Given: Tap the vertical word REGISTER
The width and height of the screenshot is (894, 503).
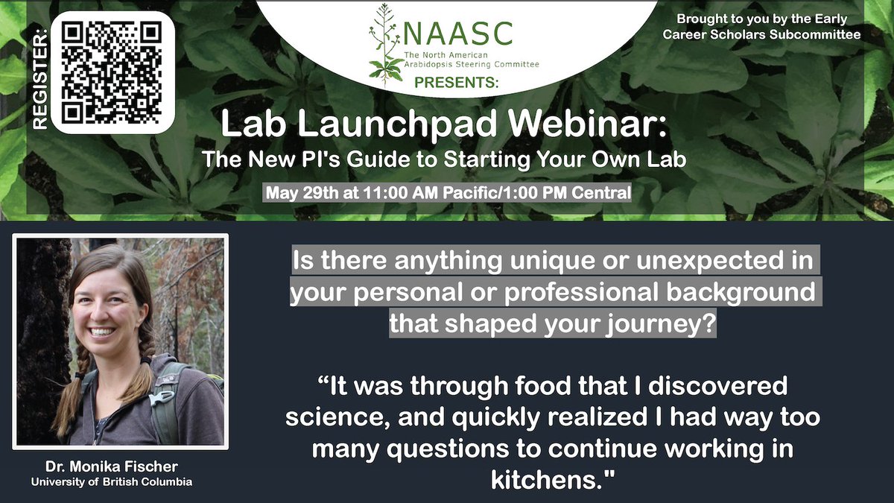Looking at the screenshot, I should click(x=39, y=75).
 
